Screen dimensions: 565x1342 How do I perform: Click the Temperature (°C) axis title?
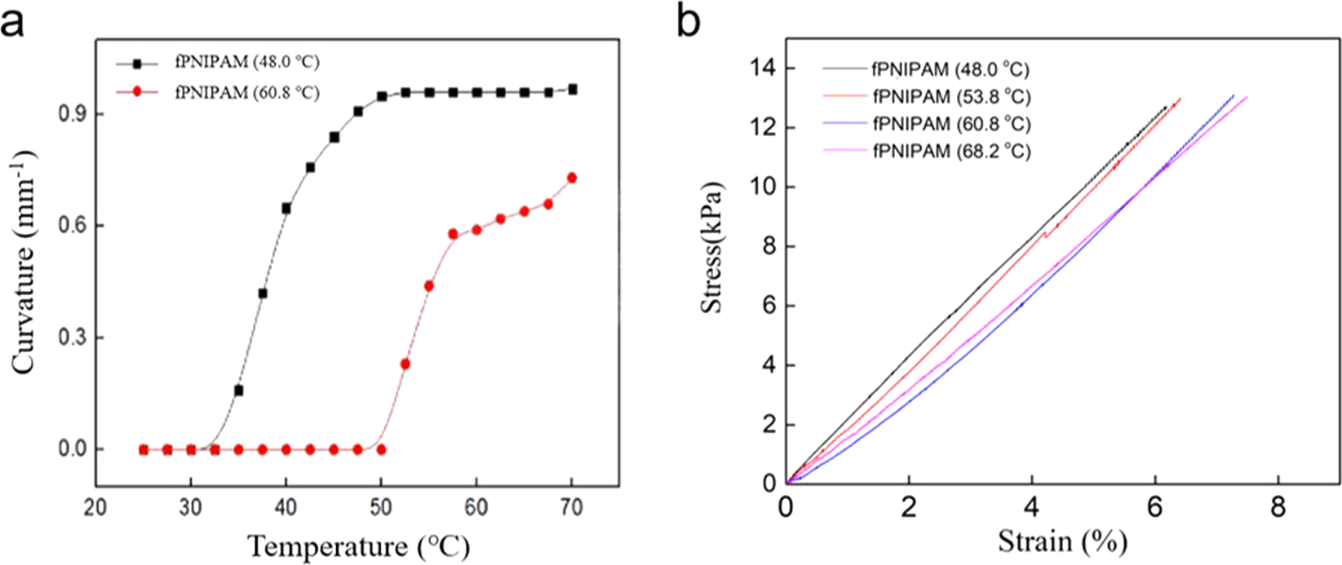(358, 545)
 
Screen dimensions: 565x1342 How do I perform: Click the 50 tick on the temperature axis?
(380, 508)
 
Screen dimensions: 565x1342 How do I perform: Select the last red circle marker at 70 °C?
(572, 178)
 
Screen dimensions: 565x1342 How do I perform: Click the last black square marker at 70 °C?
(573, 89)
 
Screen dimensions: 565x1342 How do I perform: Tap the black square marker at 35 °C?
(238, 391)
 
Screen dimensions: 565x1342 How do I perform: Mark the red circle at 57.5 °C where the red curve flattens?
(453, 234)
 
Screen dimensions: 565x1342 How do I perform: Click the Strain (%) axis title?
(1061, 540)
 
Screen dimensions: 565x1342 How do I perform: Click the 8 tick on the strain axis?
(1278, 508)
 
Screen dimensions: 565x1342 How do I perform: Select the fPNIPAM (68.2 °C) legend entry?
(950, 152)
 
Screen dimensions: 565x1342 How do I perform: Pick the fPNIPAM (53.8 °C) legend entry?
(950, 97)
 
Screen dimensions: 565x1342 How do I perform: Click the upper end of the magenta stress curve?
(1246, 98)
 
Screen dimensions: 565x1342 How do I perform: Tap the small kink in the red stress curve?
(1047, 235)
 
